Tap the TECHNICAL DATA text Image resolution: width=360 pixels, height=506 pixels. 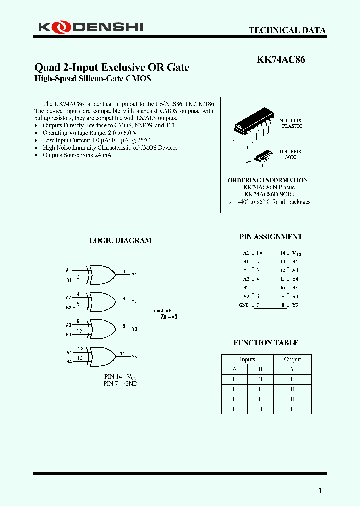(x=287, y=30)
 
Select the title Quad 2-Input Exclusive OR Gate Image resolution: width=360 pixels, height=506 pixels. (x=112, y=67)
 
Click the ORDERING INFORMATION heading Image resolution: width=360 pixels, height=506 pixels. (x=268, y=180)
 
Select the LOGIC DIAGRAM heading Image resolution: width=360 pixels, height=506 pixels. (x=120, y=240)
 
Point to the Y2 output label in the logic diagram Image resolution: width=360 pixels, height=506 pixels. (x=134, y=302)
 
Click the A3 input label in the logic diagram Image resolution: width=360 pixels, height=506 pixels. (x=69, y=325)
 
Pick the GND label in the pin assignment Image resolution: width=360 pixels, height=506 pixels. (x=244, y=305)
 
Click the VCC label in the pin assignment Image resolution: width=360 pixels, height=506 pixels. (x=297, y=253)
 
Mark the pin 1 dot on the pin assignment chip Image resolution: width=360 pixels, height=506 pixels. (x=261, y=253)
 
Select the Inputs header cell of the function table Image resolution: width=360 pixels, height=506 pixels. (x=247, y=359)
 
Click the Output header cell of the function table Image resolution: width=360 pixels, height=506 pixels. (x=292, y=359)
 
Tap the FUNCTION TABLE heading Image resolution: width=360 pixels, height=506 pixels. (x=266, y=343)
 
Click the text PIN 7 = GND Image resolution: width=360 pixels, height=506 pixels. (x=120, y=383)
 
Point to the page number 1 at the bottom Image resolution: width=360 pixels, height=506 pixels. (x=320, y=491)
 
